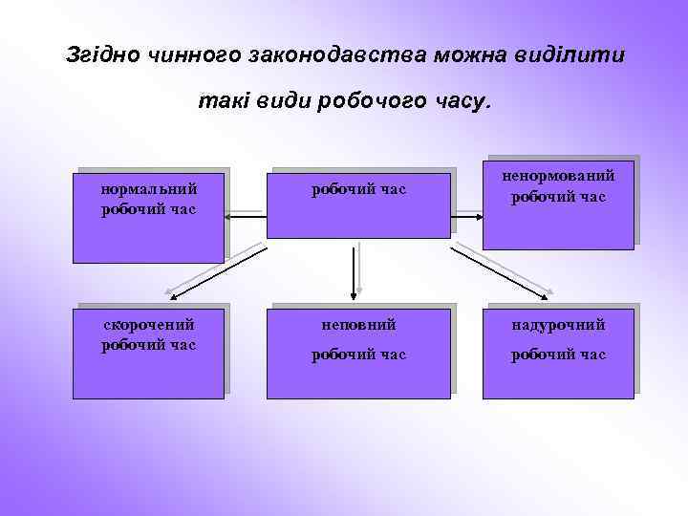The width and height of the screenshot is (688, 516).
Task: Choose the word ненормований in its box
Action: pyautogui.click(x=559, y=176)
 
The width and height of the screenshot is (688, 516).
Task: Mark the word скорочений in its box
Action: pyautogui.click(x=149, y=325)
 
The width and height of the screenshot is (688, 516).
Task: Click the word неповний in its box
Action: pyautogui.click(x=358, y=325)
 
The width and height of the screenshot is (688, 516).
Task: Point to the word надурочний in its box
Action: pyautogui.click(x=559, y=325)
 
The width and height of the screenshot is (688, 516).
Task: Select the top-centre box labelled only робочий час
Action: pyautogui.click(x=358, y=204)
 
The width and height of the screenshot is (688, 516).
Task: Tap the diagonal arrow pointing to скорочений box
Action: pyautogui.click(x=210, y=267)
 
